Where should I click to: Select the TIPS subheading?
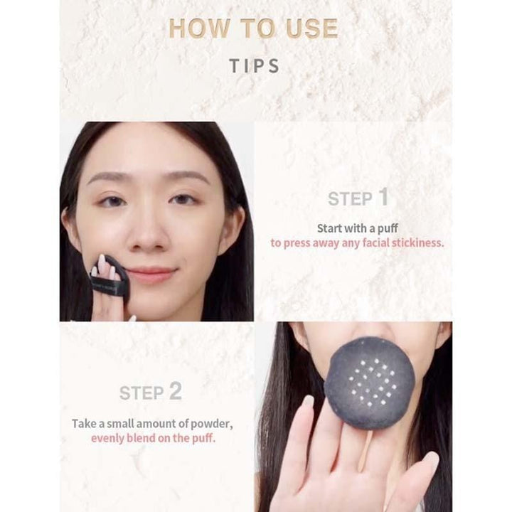tap(255, 66)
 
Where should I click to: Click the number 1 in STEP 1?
tap(383, 198)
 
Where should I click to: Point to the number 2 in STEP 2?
tap(175, 391)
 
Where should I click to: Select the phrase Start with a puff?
tap(357, 228)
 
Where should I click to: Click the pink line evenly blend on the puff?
tap(153, 438)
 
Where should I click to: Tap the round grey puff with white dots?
tap(369, 383)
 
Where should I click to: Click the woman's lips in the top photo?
tap(151, 274)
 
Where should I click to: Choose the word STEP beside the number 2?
tap(142, 393)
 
